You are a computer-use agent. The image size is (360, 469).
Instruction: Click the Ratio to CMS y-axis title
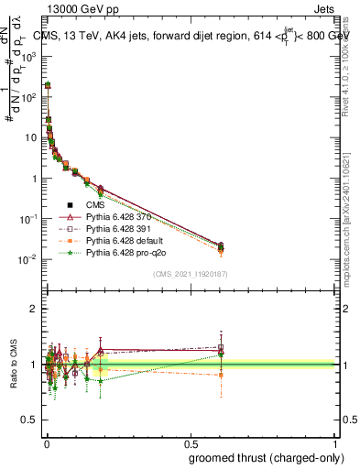[x=15, y=365]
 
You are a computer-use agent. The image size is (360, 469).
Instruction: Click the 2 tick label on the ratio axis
[x=35, y=309]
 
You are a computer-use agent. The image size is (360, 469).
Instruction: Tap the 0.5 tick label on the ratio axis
[x=31, y=421]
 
